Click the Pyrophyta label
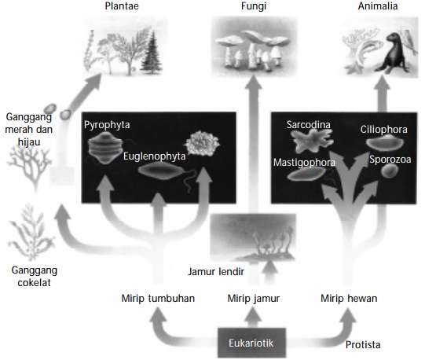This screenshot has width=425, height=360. (107, 124)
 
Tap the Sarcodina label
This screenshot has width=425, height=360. (308, 125)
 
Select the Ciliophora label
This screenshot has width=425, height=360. (383, 129)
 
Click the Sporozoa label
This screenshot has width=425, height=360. (389, 159)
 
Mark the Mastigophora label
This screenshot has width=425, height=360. (305, 163)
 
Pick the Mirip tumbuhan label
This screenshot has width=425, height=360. (157, 299)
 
